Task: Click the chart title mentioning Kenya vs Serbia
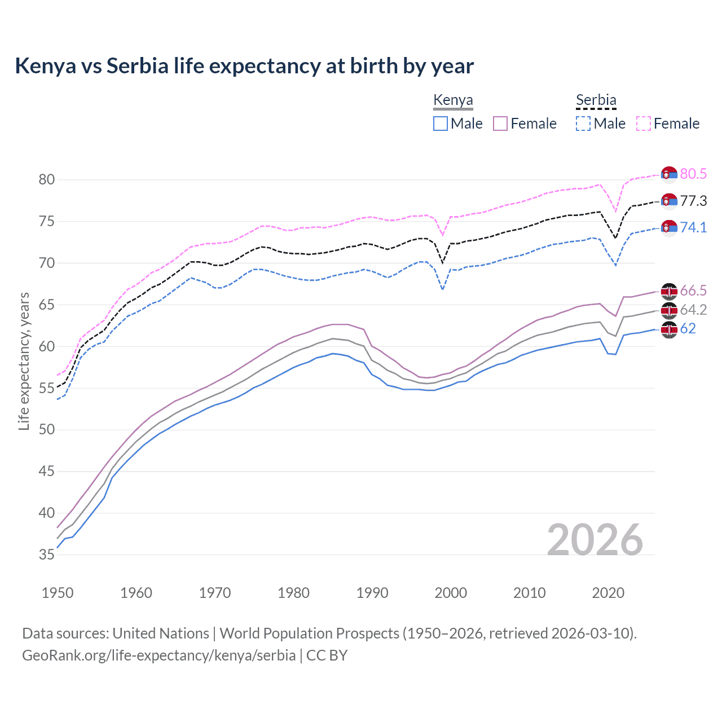[x=244, y=66]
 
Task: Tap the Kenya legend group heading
[x=453, y=100]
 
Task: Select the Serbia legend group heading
[x=596, y=100]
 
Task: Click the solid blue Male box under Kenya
[x=441, y=124]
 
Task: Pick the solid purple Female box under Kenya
[x=500, y=124]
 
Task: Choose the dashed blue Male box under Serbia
[x=583, y=124]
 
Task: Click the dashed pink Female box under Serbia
[x=644, y=124]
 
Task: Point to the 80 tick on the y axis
[x=47, y=180]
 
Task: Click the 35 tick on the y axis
[x=47, y=555]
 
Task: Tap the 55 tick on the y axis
[x=47, y=388]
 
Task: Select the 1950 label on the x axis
[x=58, y=593]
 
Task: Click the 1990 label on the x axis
[x=372, y=593]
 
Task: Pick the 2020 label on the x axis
[x=608, y=593]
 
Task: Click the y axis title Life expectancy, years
[x=24, y=361]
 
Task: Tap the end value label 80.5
[x=693, y=174]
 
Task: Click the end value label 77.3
[x=693, y=201]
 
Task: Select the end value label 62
[x=688, y=329]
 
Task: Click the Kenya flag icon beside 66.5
[x=669, y=291]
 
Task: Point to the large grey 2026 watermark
[x=595, y=540]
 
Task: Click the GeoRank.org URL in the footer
[x=159, y=655]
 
